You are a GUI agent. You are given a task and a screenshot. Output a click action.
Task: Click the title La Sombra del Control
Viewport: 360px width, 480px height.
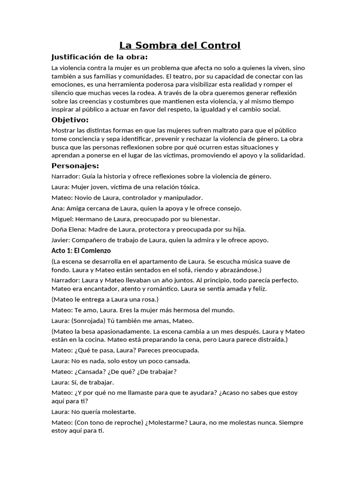[x=180, y=45]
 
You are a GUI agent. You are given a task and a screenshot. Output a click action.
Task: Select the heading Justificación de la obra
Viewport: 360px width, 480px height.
[x=99, y=57]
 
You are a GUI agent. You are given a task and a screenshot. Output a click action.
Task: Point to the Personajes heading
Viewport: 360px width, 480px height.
[x=75, y=166]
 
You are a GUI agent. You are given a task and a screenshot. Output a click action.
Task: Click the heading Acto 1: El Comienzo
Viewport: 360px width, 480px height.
[x=81, y=251]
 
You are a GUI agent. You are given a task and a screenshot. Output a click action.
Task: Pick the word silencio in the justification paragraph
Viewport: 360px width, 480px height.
[x=64, y=93]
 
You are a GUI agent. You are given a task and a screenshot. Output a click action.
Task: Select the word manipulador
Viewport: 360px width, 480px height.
[x=180, y=198]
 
